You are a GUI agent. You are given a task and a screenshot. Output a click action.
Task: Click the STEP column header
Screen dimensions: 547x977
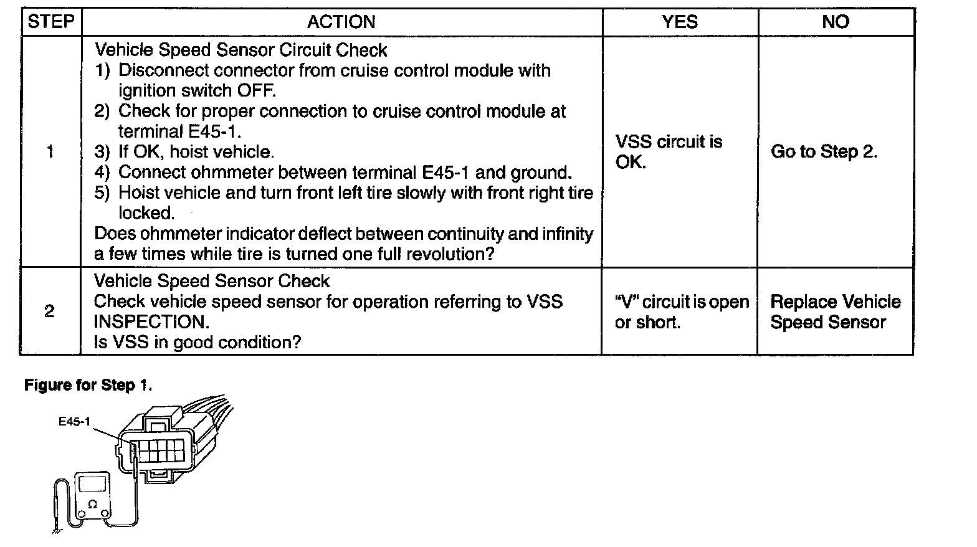pyautogui.click(x=51, y=22)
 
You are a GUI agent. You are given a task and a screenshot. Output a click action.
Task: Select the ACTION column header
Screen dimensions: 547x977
pyautogui.click(x=341, y=22)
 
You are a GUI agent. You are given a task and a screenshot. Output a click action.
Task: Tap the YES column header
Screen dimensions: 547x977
pyautogui.click(x=680, y=22)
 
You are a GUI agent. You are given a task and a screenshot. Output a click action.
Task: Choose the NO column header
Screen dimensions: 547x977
pyautogui.click(x=836, y=22)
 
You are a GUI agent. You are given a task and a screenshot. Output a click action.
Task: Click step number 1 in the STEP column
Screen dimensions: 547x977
pyautogui.click(x=50, y=151)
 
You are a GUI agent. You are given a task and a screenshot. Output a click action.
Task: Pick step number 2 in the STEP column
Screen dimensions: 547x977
pyautogui.click(x=50, y=311)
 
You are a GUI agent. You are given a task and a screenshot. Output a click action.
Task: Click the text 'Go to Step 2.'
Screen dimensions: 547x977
pyautogui.click(x=824, y=151)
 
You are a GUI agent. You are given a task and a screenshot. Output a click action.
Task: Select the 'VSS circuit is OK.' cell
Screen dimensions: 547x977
pyautogui.click(x=669, y=151)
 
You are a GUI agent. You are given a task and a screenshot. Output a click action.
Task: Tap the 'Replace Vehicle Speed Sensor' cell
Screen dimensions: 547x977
pyautogui.click(x=835, y=312)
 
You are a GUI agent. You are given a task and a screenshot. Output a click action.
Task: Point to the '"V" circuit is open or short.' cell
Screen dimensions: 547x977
pyautogui.click(x=681, y=312)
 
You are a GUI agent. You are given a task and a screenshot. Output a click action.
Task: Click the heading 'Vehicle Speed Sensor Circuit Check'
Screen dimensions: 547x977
pyautogui.click(x=241, y=50)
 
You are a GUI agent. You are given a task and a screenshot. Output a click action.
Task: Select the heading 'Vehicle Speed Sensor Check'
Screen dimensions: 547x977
pyautogui.click(x=212, y=281)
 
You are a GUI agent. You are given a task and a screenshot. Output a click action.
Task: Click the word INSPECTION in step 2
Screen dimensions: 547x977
pyautogui.click(x=151, y=322)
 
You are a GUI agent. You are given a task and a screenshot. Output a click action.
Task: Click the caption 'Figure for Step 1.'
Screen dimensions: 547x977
pyautogui.click(x=88, y=386)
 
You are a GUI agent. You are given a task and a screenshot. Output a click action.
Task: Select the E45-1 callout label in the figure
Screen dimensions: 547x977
pyautogui.click(x=74, y=422)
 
